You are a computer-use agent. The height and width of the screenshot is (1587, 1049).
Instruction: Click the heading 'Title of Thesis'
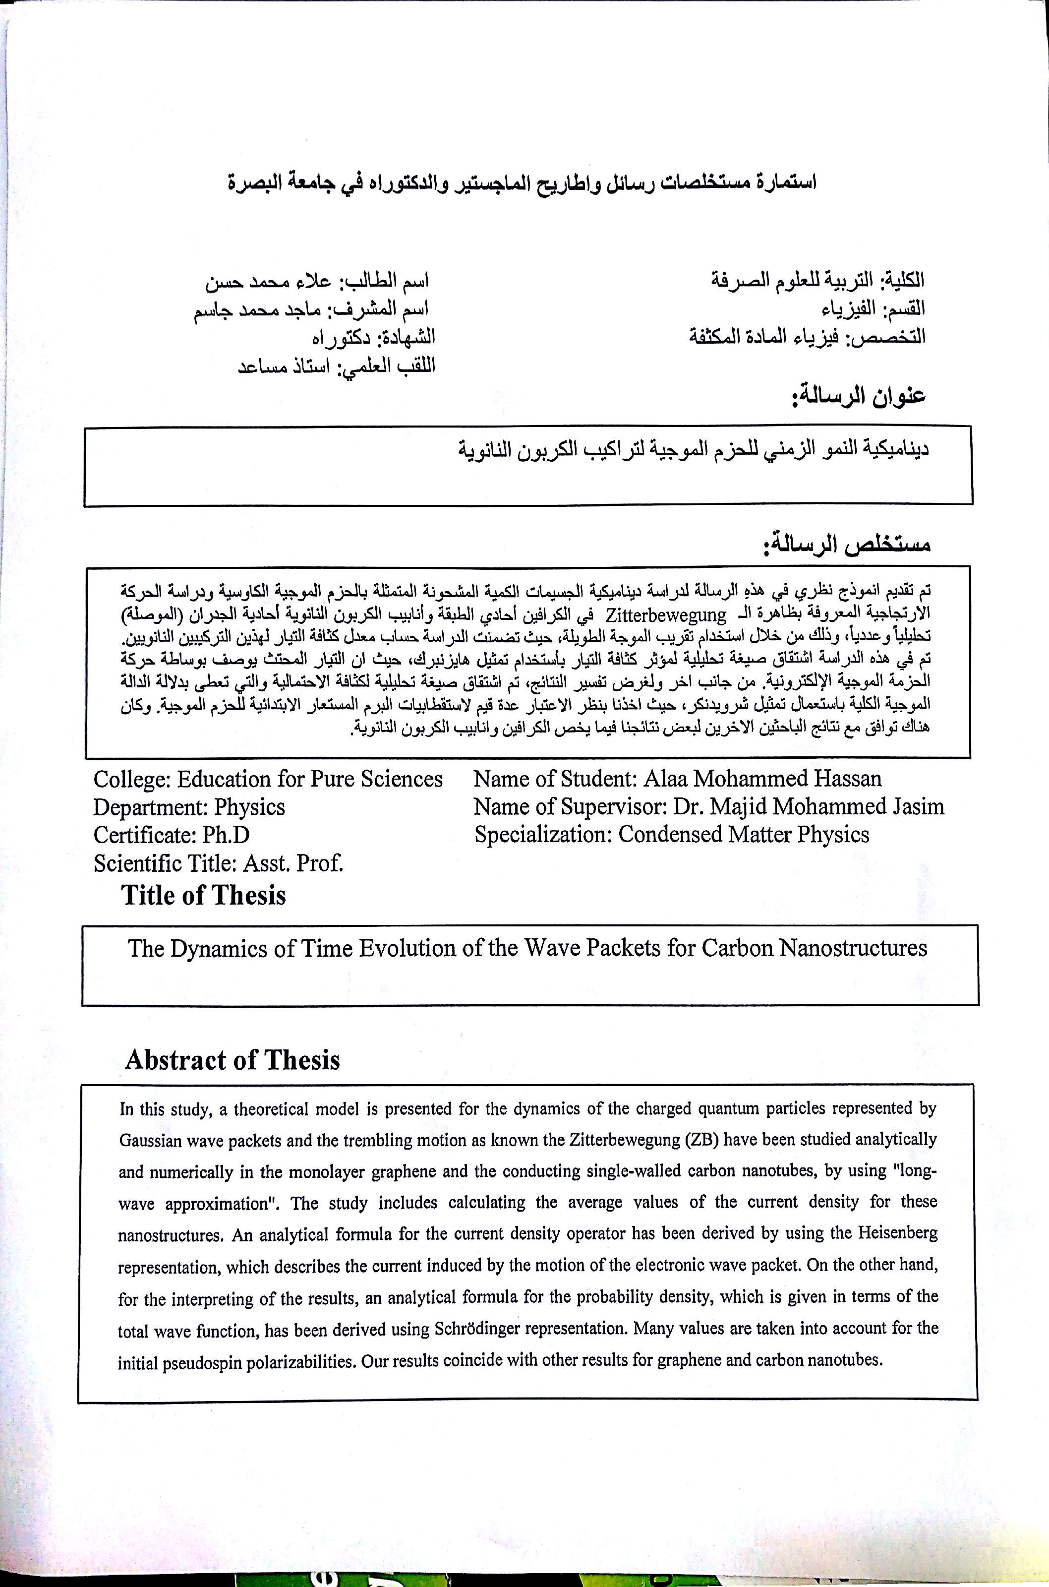pyautogui.click(x=203, y=896)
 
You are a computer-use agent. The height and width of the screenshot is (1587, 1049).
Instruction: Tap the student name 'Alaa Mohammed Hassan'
pyautogui.click(x=762, y=779)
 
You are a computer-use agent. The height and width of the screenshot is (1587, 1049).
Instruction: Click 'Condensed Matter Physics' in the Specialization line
pyautogui.click(x=743, y=835)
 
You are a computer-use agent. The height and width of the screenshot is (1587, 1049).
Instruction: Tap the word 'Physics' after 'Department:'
pyautogui.click(x=249, y=807)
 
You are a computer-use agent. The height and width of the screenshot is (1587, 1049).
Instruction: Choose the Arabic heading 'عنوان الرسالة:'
pyautogui.click(x=858, y=396)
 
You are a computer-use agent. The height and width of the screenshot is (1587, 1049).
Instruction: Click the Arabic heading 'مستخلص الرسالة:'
pyautogui.click(x=846, y=543)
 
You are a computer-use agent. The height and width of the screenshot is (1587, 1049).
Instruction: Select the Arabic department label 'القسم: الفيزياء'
pyautogui.click(x=873, y=309)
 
